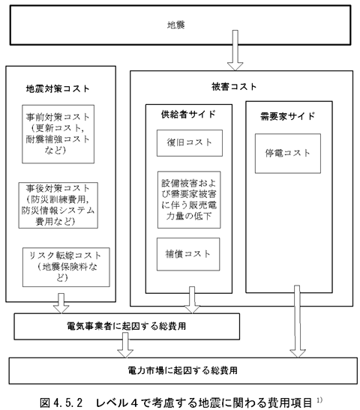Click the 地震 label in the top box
click(176, 25)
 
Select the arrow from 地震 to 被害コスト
click(235, 50)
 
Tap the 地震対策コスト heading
click(58, 89)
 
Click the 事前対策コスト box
click(58, 134)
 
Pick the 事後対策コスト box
click(58, 205)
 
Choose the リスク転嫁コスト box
click(66, 268)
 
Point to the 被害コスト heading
click(234, 87)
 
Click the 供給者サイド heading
click(188, 115)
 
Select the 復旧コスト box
click(190, 143)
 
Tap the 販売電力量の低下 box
click(189, 200)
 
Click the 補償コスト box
click(188, 254)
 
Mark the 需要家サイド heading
click(287, 116)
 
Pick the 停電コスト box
click(288, 154)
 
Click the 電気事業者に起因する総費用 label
click(127, 326)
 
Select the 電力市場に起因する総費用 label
click(182, 370)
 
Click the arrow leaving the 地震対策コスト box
click(61, 303)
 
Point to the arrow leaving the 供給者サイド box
click(192, 300)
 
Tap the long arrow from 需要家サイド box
click(297, 322)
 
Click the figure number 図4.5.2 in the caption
click(61, 403)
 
